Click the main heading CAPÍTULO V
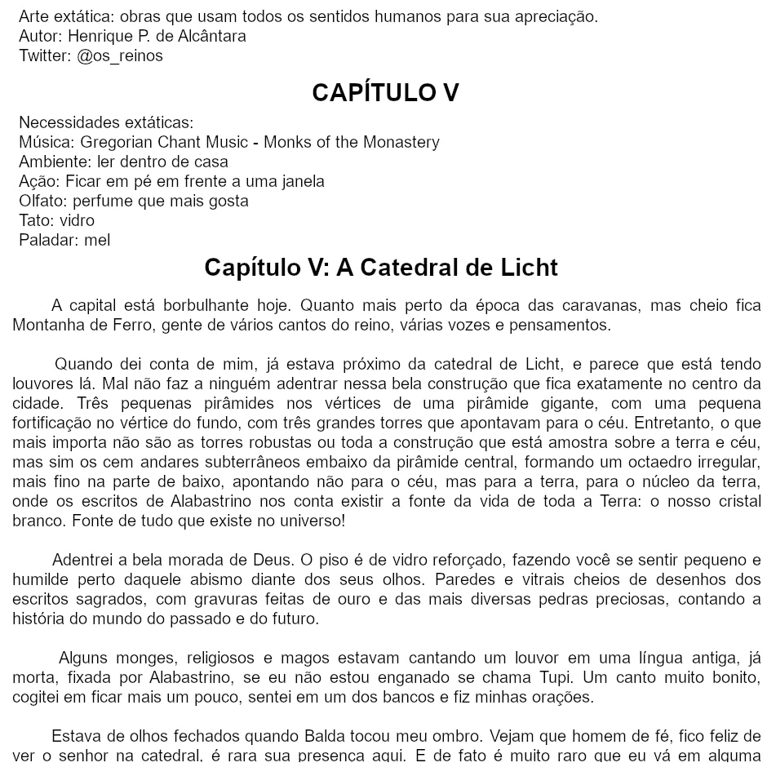click(x=385, y=93)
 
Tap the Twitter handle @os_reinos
click(x=120, y=56)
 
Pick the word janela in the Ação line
click(x=302, y=182)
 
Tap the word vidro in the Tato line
click(x=77, y=221)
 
